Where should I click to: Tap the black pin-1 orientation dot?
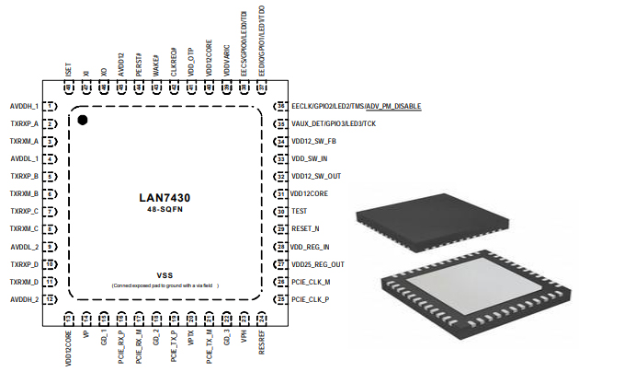(x=83, y=120)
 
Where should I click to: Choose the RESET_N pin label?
(x=306, y=229)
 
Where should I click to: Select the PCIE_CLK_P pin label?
(x=311, y=299)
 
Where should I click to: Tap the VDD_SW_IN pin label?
(x=310, y=159)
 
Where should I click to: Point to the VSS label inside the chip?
(x=165, y=275)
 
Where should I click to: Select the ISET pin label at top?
(x=69, y=69)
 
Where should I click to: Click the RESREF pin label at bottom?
(x=261, y=342)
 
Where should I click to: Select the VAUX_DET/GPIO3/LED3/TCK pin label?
(x=335, y=124)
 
